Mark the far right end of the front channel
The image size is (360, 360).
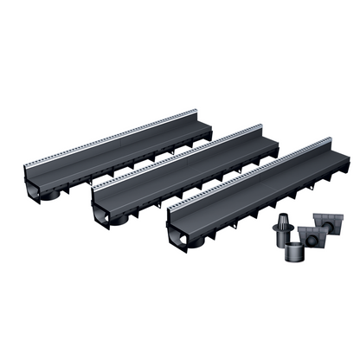coord(340,164)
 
